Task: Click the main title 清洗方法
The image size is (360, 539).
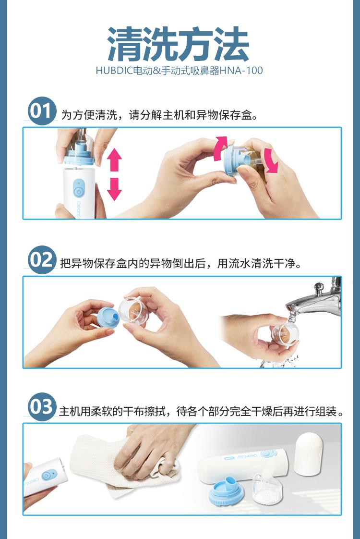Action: [x=178, y=44]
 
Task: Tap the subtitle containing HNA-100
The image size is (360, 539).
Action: [x=179, y=71]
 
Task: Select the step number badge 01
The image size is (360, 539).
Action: [x=42, y=111]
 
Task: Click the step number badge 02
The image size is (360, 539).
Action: [x=42, y=260]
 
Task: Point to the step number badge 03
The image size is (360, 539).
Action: [x=42, y=407]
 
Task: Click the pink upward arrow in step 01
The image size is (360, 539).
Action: [x=114, y=160]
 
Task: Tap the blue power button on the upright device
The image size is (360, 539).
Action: [x=79, y=190]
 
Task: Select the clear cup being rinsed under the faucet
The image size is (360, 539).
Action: [x=285, y=333]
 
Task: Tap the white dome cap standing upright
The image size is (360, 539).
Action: [x=309, y=454]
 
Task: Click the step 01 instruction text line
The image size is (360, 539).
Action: [x=159, y=115]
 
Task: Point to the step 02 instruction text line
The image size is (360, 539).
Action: [x=180, y=263]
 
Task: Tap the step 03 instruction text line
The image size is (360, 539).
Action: [x=201, y=411]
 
